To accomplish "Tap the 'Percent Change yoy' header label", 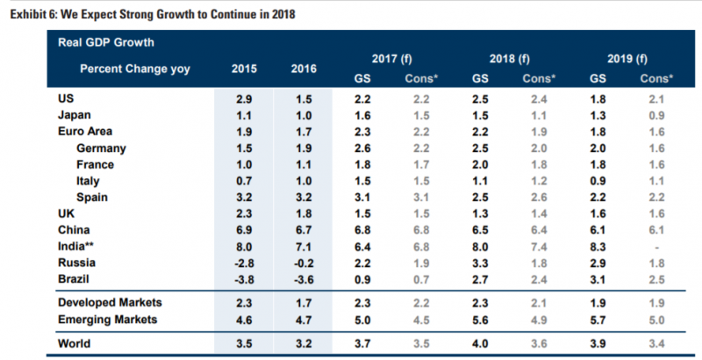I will click(x=135, y=68).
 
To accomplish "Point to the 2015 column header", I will click(x=245, y=68).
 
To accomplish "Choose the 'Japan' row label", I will click(x=75, y=114).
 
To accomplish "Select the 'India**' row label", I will click(x=77, y=247).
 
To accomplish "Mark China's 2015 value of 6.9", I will click(x=245, y=230).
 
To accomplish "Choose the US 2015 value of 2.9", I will click(x=245, y=97).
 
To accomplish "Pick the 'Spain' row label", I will click(x=92, y=197).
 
